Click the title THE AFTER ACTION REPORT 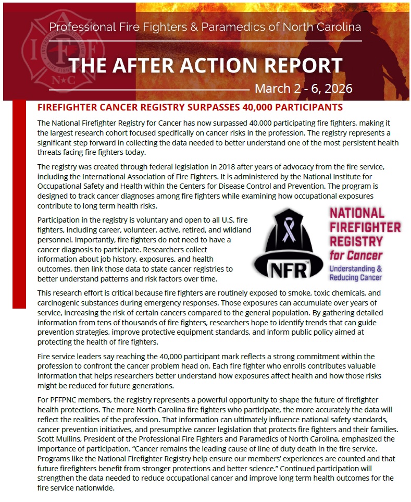(x=205, y=65)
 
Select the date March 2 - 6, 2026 (x=303, y=89)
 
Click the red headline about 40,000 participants (x=190, y=107)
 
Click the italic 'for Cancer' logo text (x=356, y=255)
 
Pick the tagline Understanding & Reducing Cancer (x=356, y=273)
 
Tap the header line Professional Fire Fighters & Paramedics (x=205, y=27)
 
